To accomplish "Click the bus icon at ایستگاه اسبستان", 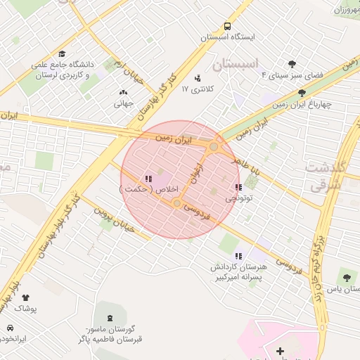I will (x=227, y=24).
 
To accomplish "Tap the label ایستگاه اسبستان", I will (x=227, y=36).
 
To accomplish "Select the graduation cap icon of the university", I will (x=62, y=53).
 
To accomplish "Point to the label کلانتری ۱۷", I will (x=198, y=89).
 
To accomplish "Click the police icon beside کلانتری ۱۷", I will (x=198, y=77).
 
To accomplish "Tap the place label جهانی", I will (x=124, y=103).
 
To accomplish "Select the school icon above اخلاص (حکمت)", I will (x=148, y=179).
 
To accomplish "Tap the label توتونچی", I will (x=240, y=199).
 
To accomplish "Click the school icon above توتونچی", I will (x=239, y=187).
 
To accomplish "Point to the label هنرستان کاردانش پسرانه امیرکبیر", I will (x=240, y=272).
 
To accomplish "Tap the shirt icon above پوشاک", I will (x=26, y=298).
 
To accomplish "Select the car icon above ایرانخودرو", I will (x=10, y=328).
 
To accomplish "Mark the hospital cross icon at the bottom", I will (x=280, y=350).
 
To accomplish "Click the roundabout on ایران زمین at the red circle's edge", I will (x=214, y=146).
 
